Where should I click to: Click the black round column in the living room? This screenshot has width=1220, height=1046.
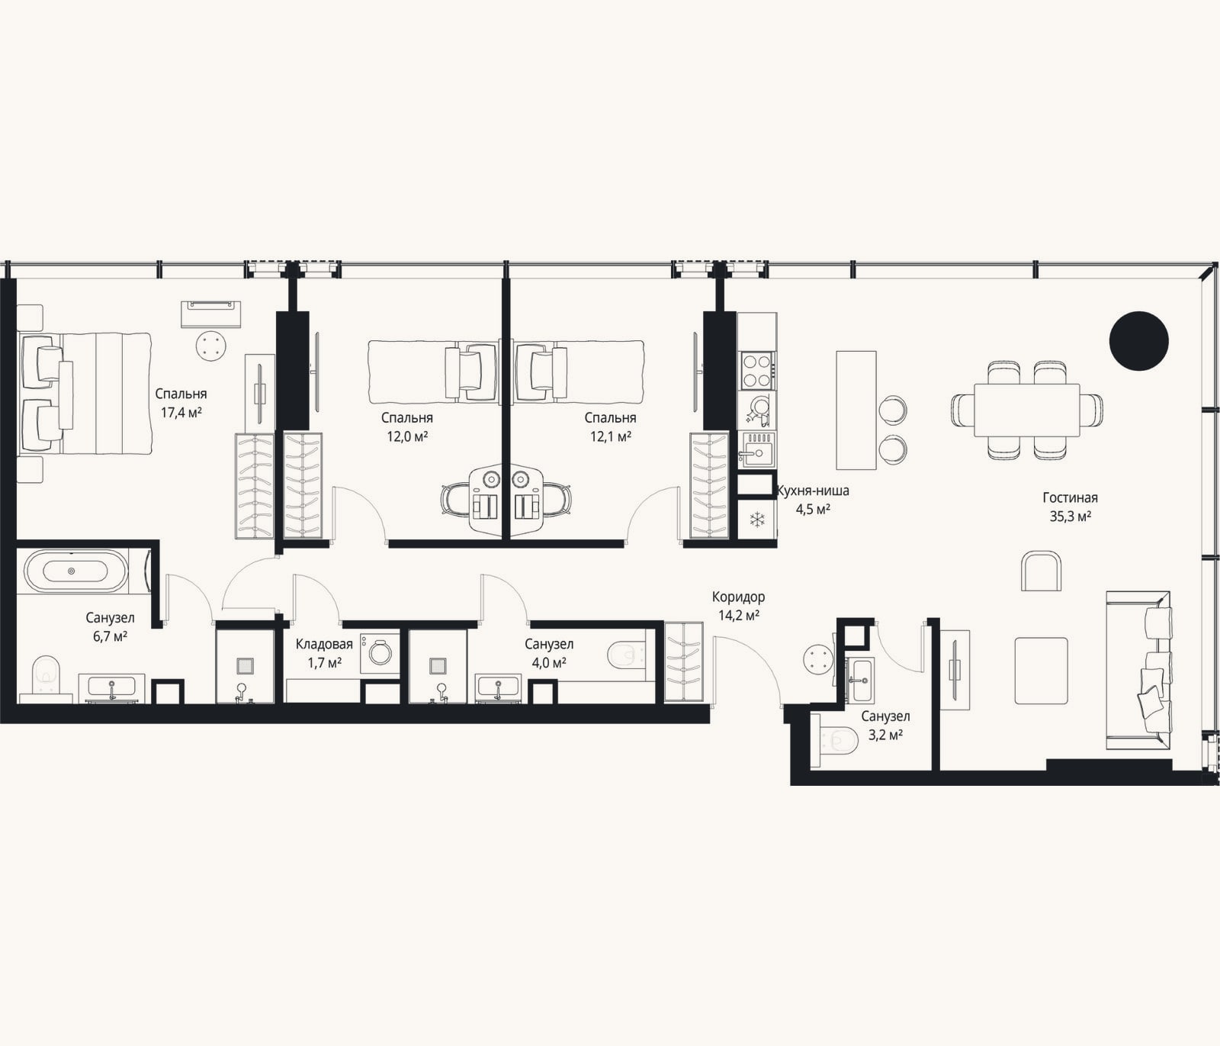tap(1138, 341)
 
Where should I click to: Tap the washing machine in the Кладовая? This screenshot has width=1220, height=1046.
tap(378, 653)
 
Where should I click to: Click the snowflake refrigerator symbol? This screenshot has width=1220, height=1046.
tap(757, 520)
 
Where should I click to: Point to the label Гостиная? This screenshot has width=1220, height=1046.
tap(1070, 498)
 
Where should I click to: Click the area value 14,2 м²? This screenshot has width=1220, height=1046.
tap(738, 615)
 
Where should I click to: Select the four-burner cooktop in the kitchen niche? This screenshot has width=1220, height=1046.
tap(756, 370)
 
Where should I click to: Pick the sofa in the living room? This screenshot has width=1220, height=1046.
tap(1137, 670)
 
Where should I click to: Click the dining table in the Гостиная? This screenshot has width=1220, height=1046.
tap(1026, 410)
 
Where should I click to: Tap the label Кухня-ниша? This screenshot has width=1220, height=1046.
tap(812, 491)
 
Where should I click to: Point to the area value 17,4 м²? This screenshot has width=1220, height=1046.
tap(181, 412)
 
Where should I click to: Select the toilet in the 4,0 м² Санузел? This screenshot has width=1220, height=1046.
tap(628, 654)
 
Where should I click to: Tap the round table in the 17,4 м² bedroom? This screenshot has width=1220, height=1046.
tap(212, 346)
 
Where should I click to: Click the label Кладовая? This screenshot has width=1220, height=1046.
tap(324, 645)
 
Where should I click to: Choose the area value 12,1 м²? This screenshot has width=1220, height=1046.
tap(611, 436)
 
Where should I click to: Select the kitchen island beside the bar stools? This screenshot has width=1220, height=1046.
tap(856, 410)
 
